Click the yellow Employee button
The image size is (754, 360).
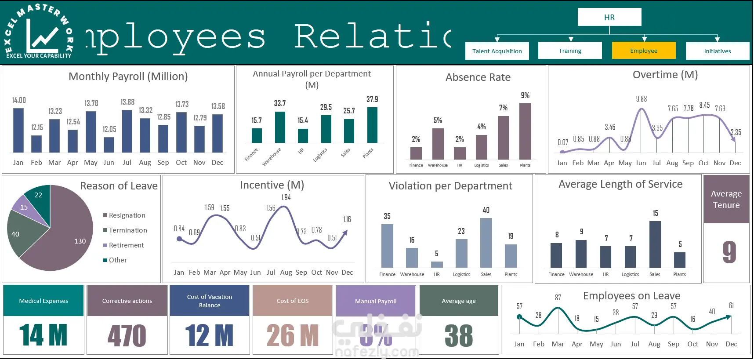coord(644,51)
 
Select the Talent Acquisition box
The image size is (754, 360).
coord(497,51)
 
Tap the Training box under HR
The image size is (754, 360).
coord(570,51)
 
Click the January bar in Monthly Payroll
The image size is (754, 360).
coord(18,130)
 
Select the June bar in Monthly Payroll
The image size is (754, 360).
coord(109,145)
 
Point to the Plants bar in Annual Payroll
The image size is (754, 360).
coord(372,125)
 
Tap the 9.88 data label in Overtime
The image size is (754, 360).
coord(642,99)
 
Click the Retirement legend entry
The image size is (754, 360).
coord(126,245)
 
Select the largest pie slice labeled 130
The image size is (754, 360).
coord(66,246)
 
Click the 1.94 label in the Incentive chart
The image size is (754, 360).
coord(286,197)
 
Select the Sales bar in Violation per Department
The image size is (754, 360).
coord(486,243)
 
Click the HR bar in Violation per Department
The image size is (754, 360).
coord(437,264)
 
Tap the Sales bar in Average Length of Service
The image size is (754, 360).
coord(655,244)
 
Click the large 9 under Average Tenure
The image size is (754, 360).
coord(729,252)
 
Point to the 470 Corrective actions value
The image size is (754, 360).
coord(127,336)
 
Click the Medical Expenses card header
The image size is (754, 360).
coord(43,301)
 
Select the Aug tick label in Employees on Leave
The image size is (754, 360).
coord(654,344)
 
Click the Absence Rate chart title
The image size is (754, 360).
coord(478,77)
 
